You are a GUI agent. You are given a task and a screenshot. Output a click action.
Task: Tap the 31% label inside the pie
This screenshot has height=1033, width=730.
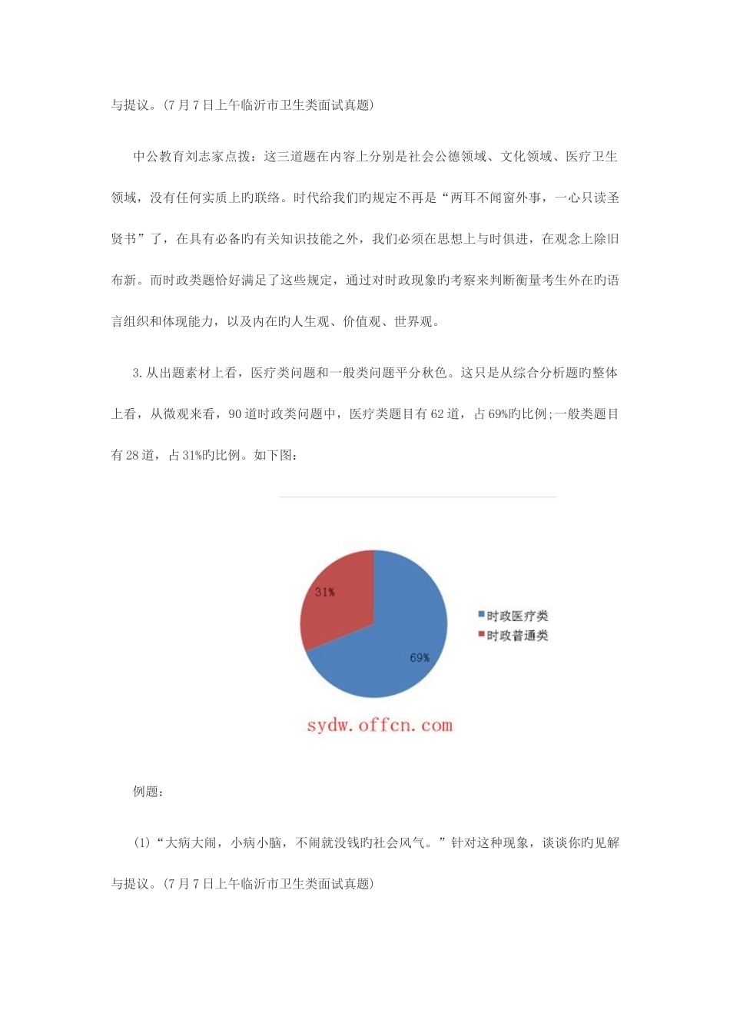pyautogui.click(x=324, y=593)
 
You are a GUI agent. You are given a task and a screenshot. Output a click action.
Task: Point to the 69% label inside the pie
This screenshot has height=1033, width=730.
pyautogui.click(x=420, y=658)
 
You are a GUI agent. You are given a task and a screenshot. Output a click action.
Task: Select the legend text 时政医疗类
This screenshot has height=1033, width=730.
pyautogui.click(x=517, y=616)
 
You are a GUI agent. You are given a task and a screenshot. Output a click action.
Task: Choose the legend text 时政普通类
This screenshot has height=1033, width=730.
pyautogui.click(x=517, y=636)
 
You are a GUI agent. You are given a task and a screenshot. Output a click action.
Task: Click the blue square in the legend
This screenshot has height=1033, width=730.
pyautogui.click(x=481, y=615)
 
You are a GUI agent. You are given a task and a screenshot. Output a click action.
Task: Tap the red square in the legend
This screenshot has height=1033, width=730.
pyautogui.click(x=481, y=635)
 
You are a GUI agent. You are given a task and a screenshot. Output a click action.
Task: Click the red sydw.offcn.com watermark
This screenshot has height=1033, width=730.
pyautogui.click(x=380, y=725)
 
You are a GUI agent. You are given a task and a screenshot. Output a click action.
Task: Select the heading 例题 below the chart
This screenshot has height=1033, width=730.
pyautogui.click(x=147, y=792)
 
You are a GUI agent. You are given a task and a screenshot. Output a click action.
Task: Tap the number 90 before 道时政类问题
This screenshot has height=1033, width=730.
pyautogui.click(x=235, y=414)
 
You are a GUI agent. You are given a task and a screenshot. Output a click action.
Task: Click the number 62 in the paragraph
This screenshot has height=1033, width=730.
pyautogui.click(x=437, y=414)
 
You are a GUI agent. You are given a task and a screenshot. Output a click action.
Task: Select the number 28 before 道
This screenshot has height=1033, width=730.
pyautogui.click(x=132, y=455)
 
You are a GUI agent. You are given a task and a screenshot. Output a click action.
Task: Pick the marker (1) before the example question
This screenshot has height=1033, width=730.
pyautogui.click(x=142, y=843)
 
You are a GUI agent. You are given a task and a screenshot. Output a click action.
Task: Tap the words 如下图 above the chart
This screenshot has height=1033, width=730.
pyautogui.click(x=274, y=455)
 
